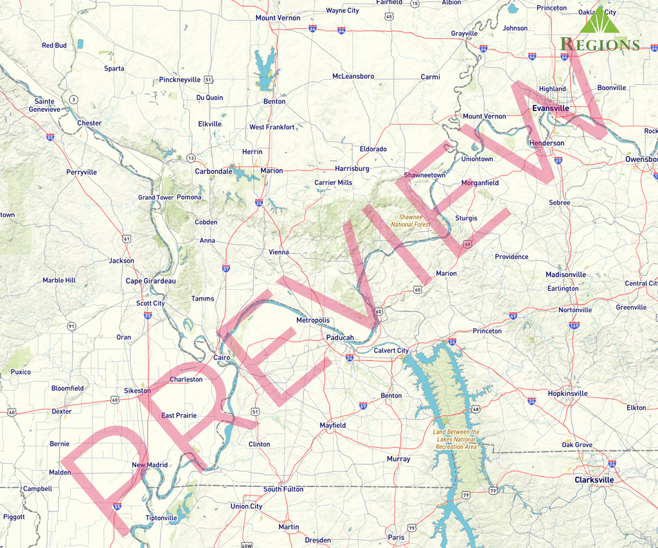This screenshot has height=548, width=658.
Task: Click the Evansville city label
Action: click(x=550, y=109)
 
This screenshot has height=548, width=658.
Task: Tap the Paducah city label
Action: click(x=339, y=337)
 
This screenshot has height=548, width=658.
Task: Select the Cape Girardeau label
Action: click(x=150, y=281)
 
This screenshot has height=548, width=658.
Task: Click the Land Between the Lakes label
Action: click(x=456, y=439)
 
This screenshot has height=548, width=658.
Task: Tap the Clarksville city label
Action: click(x=594, y=480)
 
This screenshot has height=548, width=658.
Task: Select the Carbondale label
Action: click(x=213, y=172)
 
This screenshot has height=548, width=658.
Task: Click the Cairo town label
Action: click(x=222, y=357)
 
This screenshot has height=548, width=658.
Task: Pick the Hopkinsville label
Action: click(x=567, y=393)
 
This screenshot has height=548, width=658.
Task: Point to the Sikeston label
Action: click(x=138, y=391)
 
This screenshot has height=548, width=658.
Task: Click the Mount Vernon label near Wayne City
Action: click(x=278, y=18)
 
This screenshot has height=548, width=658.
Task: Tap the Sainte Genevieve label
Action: click(x=44, y=105)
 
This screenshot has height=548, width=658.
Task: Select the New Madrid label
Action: click(x=150, y=465)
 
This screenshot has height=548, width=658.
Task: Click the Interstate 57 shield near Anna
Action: click(x=226, y=268)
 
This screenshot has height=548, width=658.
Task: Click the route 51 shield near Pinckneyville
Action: click(x=208, y=79)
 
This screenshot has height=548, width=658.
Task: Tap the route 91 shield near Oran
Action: click(x=71, y=326)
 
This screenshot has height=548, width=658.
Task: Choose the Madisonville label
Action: click(x=565, y=274)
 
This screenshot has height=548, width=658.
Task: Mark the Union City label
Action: click(x=246, y=506)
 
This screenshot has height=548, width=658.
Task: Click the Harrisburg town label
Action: click(x=351, y=168)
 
